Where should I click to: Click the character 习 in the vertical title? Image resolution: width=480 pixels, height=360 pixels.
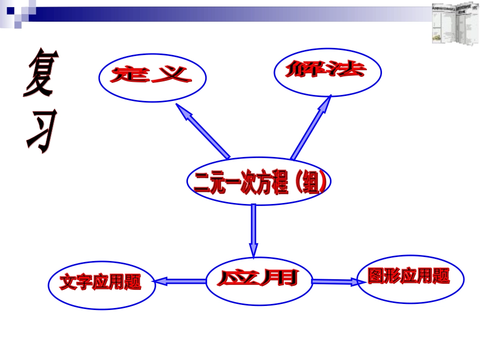click(40, 130)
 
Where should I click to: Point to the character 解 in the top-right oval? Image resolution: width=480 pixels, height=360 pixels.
click(305, 70)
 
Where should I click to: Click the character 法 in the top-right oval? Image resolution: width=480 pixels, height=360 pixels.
click(346, 70)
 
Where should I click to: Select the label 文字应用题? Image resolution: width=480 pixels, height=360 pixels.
click(100, 283)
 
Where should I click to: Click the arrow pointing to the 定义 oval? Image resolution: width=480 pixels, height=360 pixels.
click(203, 131)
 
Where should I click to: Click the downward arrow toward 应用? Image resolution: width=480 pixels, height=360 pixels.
click(253, 230)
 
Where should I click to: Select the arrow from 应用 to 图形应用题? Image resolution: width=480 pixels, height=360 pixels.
click(336, 281)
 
